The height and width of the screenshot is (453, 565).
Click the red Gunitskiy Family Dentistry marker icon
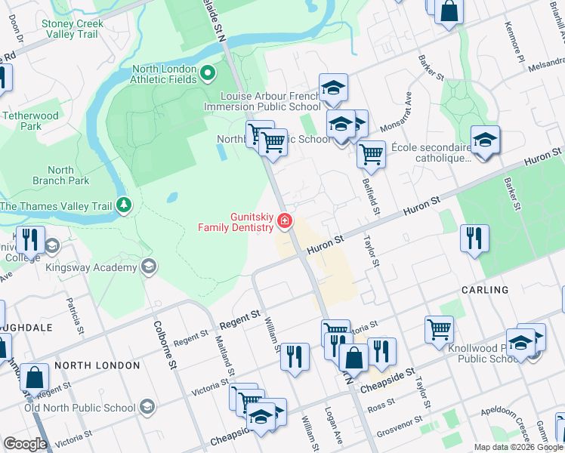(285, 221)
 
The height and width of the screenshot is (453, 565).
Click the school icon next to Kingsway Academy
(149, 267)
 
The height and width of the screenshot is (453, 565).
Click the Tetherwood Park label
(31, 121)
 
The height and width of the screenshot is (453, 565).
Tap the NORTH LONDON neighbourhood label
(97, 365)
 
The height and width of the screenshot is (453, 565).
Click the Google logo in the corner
(25, 444)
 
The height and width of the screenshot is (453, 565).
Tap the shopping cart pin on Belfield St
(371, 154)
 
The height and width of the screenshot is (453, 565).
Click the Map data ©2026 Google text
(517, 447)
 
